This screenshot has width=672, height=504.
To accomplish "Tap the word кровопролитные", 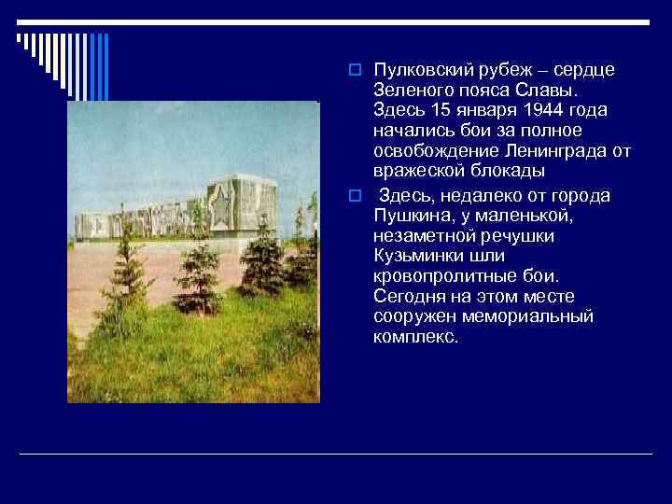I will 440,276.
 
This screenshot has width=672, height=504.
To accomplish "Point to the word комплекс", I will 415,337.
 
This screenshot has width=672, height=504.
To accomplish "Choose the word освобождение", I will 430,152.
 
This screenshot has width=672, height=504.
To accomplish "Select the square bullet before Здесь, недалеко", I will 355,195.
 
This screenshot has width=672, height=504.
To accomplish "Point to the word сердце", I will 583,71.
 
